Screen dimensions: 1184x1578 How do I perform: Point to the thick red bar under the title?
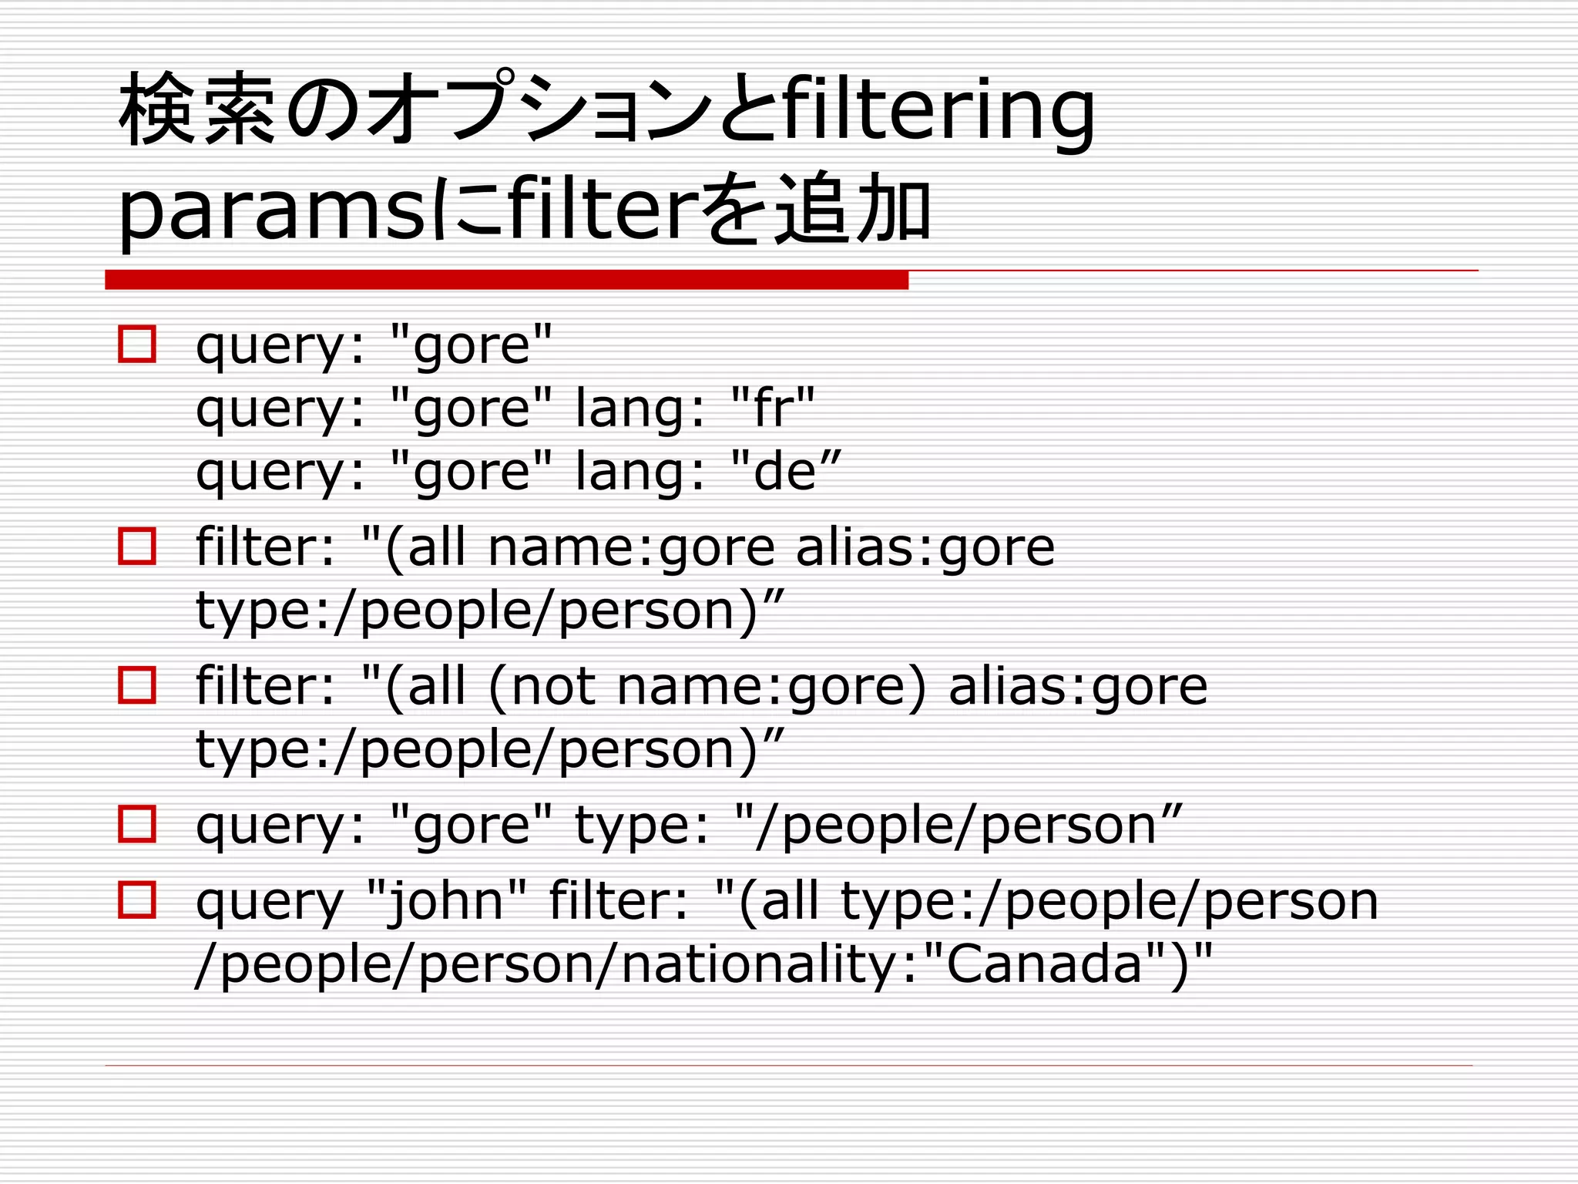tap(506, 281)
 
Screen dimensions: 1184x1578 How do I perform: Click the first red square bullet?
tap(137, 344)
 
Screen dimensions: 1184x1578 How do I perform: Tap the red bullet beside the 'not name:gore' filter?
tap(137, 685)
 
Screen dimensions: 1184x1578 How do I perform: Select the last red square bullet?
tap(137, 900)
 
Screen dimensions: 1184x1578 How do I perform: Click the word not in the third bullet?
tap(553, 686)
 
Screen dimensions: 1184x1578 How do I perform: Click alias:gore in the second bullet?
tap(925, 548)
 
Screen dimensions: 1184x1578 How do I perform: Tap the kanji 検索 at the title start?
tap(198, 109)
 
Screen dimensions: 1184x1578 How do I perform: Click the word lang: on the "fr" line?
tap(640, 409)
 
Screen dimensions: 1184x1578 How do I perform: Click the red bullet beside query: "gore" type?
tap(137, 824)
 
